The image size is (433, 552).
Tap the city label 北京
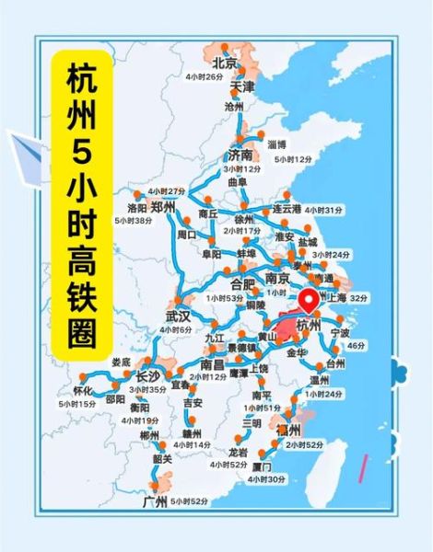point(225,63)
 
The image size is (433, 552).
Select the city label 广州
point(156,500)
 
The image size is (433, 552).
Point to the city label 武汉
point(178,316)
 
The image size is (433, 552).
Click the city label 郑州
point(163,208)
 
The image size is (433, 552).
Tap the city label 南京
point(277,278)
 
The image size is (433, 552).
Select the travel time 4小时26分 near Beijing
point(205,76)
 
